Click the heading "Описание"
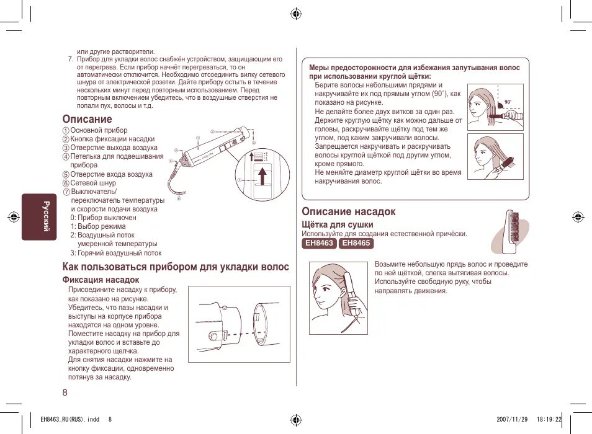pos(87,119)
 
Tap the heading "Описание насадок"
pos(348,211)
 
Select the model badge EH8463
pos(319,244)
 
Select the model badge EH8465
pos(356,244)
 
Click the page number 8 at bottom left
pos(65,392)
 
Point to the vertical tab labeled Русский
pos(44,216)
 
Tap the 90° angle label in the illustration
pos(508,102)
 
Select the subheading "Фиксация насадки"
pos(99,280)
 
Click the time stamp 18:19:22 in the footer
pos(549,419)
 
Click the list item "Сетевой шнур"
pos(92,184)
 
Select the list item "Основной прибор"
pos(98,130)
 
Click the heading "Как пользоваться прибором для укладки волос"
pos(176,267)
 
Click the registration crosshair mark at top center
pos(296,14)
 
